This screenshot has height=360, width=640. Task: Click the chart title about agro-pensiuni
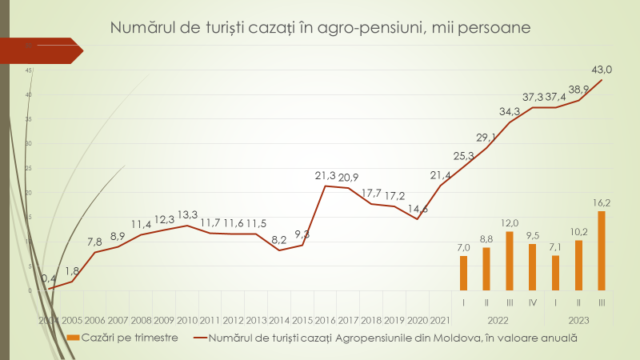pos(320,29)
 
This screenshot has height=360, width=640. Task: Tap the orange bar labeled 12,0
pos(510,261)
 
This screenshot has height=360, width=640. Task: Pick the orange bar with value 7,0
pos(463,273)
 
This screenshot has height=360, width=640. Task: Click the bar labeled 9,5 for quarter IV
pos(532,266)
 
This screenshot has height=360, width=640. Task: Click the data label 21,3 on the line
pos(325,174)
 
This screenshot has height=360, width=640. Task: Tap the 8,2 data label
pos(279,239)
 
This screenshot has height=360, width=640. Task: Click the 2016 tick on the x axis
pos(325,320)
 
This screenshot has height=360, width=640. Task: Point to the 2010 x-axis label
pos(186,320)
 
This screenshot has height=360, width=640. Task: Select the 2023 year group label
pos(578,320)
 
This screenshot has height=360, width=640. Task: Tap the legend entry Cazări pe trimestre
pos(129,338)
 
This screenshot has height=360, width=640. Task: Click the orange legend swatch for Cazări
pos(73,338)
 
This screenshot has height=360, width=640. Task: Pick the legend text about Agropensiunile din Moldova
pos(392,338)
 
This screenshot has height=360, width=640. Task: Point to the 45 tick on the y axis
pos(28,70)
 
